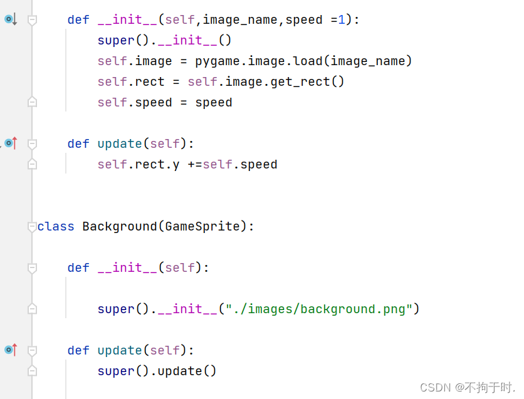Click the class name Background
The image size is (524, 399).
119,226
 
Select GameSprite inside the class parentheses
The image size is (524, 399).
202,226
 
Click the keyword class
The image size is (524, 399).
56,226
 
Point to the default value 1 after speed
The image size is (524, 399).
341,20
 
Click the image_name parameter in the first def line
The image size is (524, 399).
240,20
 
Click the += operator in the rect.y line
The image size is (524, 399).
194,165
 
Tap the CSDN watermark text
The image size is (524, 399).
435,387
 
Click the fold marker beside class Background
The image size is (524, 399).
32,227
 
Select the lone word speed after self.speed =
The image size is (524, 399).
213,103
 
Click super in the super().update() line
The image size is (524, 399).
116,371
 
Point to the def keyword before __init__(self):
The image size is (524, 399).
78,267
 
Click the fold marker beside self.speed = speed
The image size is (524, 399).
32,102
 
